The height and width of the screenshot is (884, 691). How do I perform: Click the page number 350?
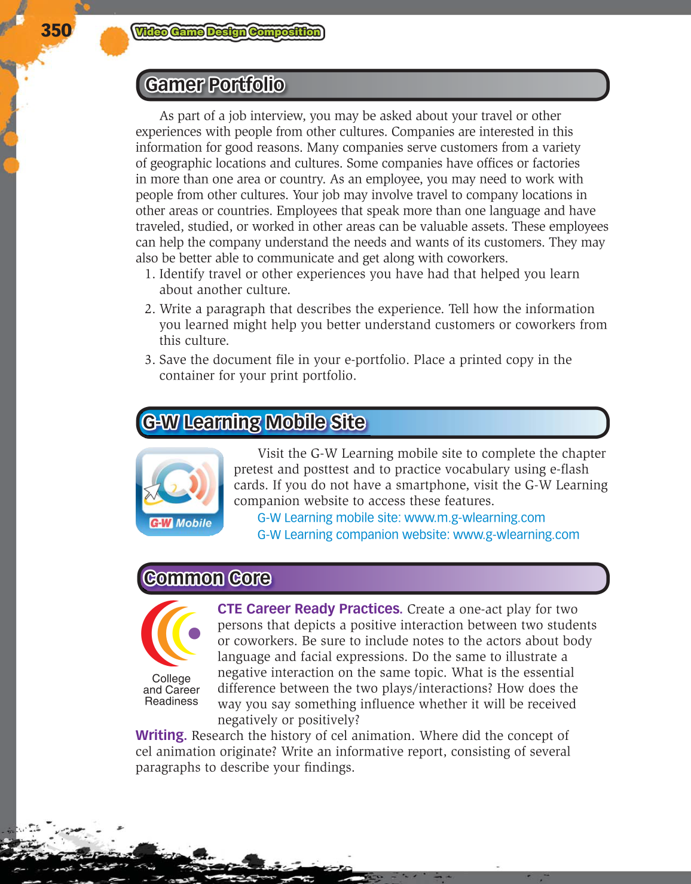[x=56, y=30]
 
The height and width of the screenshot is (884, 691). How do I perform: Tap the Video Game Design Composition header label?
[x=227, y=32]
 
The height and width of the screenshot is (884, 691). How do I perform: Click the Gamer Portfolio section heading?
[x=215, y=85]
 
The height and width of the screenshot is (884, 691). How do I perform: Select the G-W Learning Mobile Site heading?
[x=253, y=423]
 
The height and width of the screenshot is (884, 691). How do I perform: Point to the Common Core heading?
[x=207, y=579]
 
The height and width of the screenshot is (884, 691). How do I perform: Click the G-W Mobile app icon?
[x=180, y=491]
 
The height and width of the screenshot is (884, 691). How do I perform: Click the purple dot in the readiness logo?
[x=194, y=634]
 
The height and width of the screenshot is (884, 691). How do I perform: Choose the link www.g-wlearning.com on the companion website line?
[x=516, y=534]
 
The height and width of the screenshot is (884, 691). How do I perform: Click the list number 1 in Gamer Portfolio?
[x=149, y=274]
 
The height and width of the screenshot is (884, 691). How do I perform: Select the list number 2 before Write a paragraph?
[x=149, y=309]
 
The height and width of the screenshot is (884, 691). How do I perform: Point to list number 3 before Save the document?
[x=149, y=360]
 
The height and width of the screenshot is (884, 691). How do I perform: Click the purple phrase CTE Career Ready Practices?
[x=309, y=609]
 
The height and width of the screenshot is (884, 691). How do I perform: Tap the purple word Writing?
[x=161, y=735]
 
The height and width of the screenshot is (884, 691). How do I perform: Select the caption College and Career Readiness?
[x=172, y=690]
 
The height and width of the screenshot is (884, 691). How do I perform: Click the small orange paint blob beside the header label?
[x=114, y=41]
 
